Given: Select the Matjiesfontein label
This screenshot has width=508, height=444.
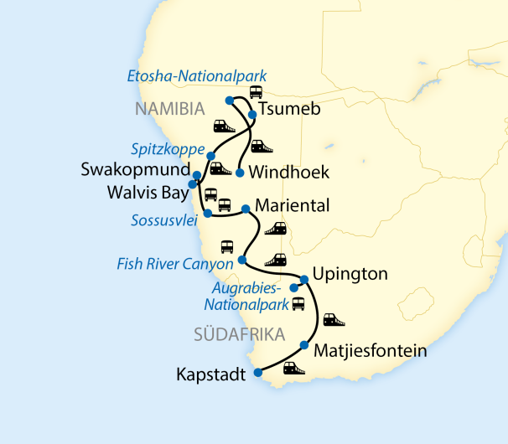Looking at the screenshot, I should pyautogui.click(x=370, y=351).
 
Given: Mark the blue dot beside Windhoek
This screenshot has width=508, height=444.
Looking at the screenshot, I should pyautogui.click(x=240, y=173).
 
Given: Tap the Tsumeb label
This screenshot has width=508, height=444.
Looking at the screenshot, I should pyautogui.click(x=289, y=110).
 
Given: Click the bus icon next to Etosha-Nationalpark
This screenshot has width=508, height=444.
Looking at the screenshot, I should pyautogui.click(x=255, y=92).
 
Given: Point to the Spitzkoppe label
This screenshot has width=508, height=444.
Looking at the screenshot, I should pyautogui.click(x=168, y=149).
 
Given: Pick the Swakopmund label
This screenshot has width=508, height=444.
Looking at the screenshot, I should pyautogui.click(x=132, y=169).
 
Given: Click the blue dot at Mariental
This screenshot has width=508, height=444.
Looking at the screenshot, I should pyautogui.click(x=245, y=209).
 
